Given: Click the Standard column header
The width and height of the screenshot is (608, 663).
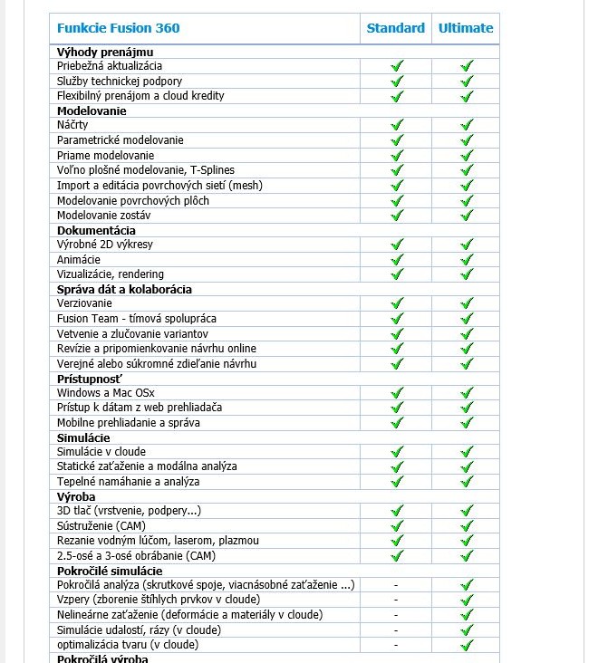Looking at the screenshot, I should click(x=395, y=28).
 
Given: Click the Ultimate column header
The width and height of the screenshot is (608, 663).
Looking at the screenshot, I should click(x=466, y=28).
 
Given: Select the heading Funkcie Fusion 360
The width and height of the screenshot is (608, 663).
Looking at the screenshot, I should click(x=119, y=28).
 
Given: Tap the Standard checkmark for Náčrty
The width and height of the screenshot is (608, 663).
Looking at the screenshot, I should click(x=396, y=125).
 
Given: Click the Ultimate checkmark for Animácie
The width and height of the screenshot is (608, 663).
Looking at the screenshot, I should click(x=467, y=259).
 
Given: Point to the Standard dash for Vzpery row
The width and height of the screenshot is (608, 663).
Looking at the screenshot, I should click(x=396, y=600).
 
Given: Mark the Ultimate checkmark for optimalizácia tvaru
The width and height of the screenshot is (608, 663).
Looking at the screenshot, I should click(x=467, y=645).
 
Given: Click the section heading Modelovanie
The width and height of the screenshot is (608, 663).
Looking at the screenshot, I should click(x=92, y=110).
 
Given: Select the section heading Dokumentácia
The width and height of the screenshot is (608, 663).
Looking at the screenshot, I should click(x=96, y=230).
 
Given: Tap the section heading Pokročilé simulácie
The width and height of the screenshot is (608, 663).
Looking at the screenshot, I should click(x=110, y=571).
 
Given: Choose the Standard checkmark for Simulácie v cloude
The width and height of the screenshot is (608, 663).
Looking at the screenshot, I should click(x=396, y=452).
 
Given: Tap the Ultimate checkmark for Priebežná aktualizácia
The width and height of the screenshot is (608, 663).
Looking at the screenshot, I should click(x=467, y=66).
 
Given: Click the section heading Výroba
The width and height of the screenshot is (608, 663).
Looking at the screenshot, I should click(x=76, y=496).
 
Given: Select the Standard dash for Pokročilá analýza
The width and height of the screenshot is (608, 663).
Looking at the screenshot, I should click(x=396, y=585).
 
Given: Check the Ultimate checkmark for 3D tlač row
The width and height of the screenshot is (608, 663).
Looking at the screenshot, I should click(x=467, y=511).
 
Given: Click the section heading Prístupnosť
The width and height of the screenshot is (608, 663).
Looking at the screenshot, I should click(x=90, y=378).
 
